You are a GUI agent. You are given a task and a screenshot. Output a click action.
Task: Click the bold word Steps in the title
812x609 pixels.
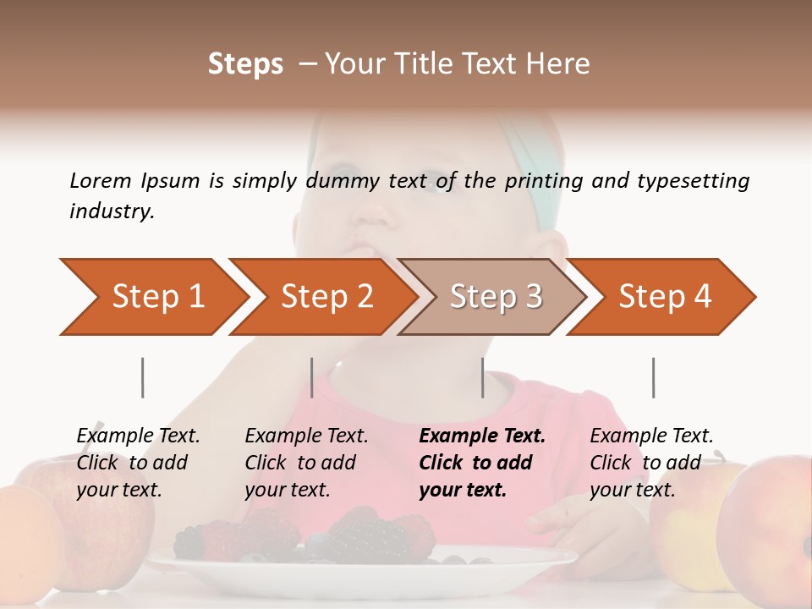tap(245, 64)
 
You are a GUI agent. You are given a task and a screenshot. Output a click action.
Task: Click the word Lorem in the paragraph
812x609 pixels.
tap(100, 181)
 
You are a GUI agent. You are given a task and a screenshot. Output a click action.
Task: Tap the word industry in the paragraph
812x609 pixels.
tap(111, 211)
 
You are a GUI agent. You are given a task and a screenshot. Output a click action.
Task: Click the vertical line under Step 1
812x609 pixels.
tap(142, 377)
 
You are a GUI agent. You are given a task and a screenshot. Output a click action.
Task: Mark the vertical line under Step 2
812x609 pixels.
tap(312, 377)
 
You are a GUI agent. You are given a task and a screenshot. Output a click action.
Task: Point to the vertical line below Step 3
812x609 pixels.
tap(482, 377)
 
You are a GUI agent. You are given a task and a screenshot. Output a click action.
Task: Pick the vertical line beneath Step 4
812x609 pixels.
tap(653, 377)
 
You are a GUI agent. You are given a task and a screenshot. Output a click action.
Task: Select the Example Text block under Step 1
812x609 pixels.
tap(138, 463)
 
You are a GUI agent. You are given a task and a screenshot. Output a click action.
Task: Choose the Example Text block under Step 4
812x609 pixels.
tap(651, 463)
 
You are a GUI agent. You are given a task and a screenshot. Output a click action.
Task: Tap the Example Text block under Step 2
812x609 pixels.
tap(306, 463)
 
